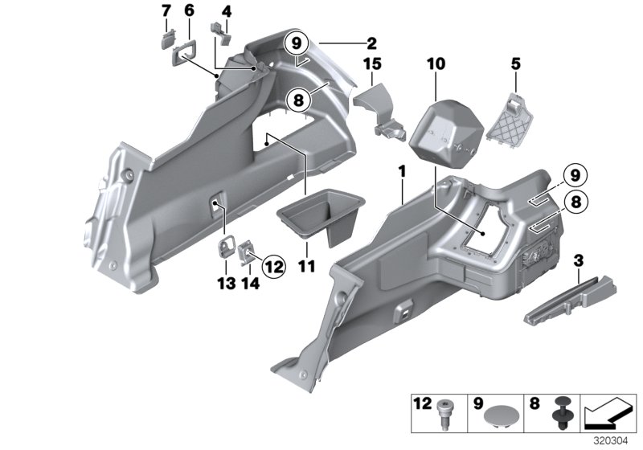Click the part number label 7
[x=166, y=11]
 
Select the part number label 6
[x=190, y=11]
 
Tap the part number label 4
[x=227, y=11]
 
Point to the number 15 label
[x=371, y=63]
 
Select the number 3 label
[x=579, y=261]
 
